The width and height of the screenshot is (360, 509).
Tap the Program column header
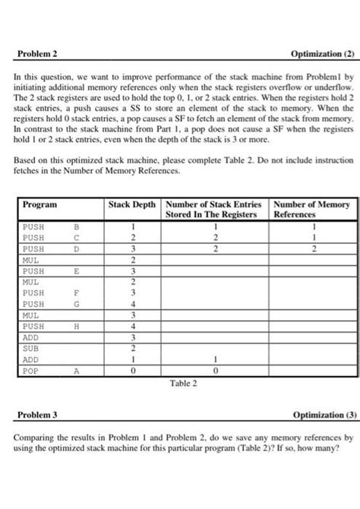[x=39, y=205]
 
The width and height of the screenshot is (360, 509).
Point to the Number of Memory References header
[x=311, y=210]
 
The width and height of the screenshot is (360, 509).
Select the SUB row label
[x=31, y=348]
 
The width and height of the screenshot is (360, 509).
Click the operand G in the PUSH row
[x=75, y=303]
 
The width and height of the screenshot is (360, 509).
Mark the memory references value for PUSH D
[x=311, y=248]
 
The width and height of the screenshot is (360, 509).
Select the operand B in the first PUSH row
[x=75, y=226]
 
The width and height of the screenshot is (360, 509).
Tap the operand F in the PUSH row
[x=75, y=292]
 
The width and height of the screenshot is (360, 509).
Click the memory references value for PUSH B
[x=311, y=226]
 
